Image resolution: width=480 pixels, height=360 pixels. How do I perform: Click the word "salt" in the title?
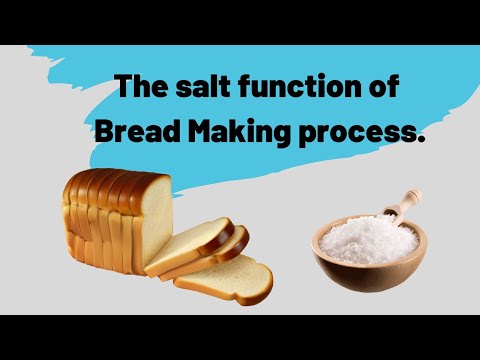(197, 88)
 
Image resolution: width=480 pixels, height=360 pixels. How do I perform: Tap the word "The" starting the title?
(135, 88)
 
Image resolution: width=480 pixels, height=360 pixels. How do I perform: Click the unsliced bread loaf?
(110, 220)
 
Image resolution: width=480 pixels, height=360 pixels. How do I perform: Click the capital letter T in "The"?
(122, 88)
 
